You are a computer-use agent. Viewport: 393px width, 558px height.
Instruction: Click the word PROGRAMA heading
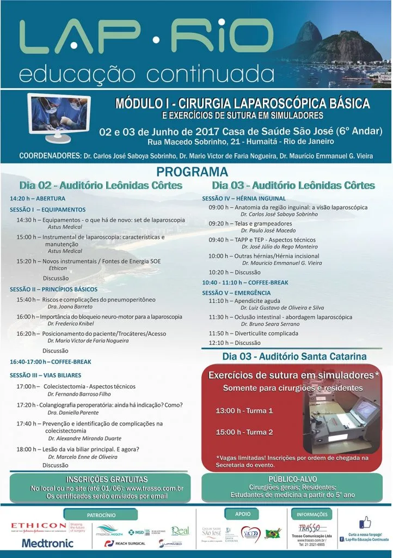(x=196, y=173)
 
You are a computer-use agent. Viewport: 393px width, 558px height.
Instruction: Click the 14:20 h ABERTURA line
(x=38, y=198)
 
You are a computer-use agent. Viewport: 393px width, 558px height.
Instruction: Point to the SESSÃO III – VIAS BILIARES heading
(x=45, y=375)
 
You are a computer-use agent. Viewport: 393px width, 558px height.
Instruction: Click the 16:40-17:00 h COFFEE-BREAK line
(x=50, y=361)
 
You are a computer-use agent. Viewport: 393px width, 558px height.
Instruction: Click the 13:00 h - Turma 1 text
(x=244, y=410)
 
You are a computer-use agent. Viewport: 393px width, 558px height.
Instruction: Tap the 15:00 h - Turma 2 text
(x=244, y=432)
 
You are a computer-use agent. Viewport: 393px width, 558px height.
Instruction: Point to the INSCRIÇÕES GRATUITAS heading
(x=100, y=479)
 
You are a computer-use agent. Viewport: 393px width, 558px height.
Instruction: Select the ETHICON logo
(x=39, y=525)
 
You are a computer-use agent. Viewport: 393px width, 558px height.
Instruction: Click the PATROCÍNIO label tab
(x=101, y=514)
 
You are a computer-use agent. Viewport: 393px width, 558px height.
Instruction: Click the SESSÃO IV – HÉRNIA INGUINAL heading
(x=243, y=198)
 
